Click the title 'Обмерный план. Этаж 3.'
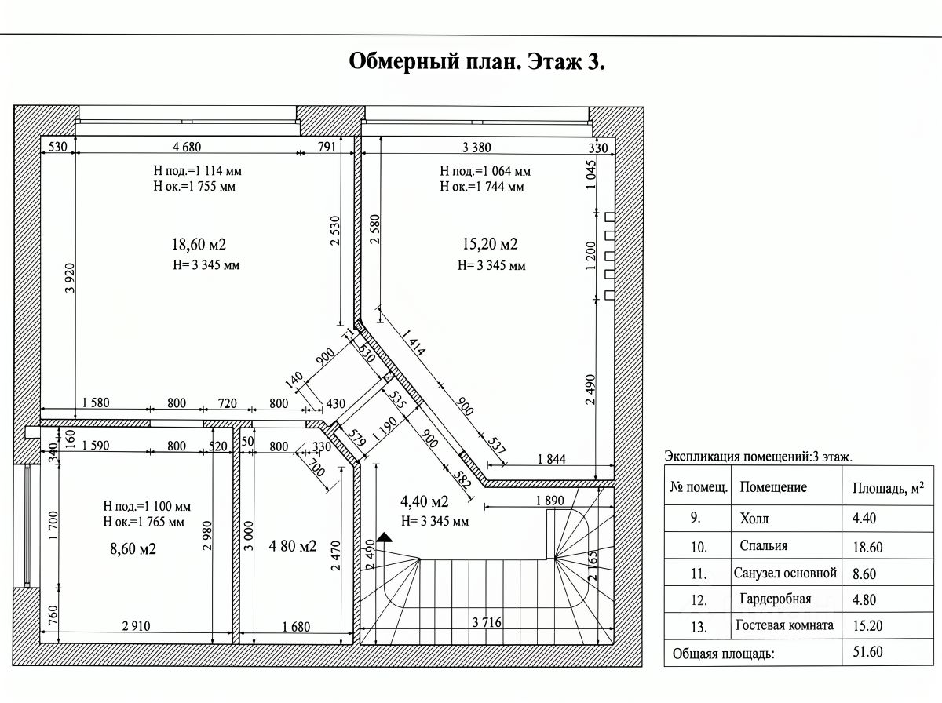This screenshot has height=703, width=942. [476, 62]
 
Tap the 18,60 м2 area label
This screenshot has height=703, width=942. [199, 245]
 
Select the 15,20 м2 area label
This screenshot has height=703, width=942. [490, 244]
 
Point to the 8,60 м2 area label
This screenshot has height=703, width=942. [133, 548]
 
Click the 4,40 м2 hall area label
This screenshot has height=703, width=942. [424, 501]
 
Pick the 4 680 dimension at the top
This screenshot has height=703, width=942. [187, 148]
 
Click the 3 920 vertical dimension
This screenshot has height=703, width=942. [70, 278]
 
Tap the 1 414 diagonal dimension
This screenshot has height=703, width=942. [414, 342]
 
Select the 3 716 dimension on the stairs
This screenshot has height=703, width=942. [487, 622]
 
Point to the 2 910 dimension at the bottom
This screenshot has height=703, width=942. [136, 626]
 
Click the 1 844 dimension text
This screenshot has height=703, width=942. [552, 459]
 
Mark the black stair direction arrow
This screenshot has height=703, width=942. [384, 537]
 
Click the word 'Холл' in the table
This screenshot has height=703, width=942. [754, 519]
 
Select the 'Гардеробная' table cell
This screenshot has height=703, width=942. [776, 599]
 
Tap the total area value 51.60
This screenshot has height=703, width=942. [867, 651]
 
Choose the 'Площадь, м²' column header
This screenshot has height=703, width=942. [888, 488]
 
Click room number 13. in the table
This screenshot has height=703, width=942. [699, 627]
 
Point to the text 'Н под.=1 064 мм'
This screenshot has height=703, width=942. [485, 171]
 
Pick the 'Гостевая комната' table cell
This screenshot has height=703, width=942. [784, 625]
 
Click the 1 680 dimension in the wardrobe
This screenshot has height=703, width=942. [296, 627]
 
